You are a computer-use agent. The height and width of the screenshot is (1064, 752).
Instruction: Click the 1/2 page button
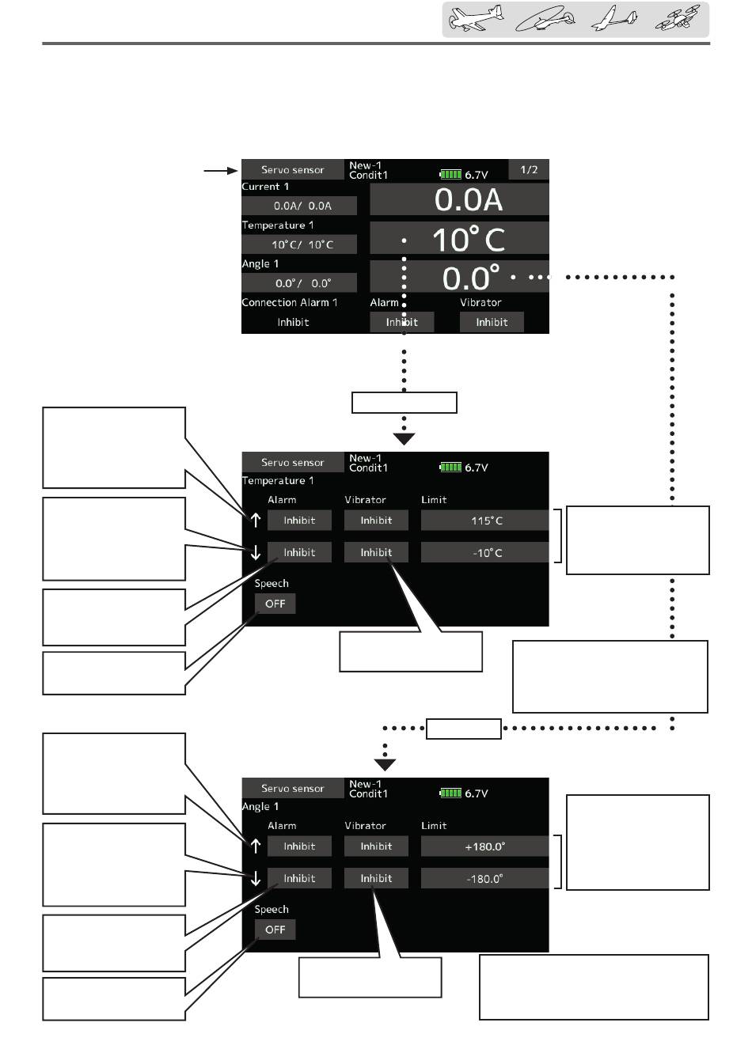pos(529,169)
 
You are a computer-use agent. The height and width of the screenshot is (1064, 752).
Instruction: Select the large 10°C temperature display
pos(467,239)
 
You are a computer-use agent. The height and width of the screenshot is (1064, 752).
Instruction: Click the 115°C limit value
pos(484,521)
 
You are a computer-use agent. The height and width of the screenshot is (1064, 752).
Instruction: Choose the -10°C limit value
pos(484,552)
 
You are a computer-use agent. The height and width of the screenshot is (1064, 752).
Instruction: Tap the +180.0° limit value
pos(484,846)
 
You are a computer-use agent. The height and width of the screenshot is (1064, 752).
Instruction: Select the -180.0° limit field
pos(484,878)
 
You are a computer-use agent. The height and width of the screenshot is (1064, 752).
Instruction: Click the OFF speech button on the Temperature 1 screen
pos(275,604)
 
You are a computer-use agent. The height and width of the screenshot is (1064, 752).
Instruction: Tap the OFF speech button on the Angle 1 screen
pos(275,930)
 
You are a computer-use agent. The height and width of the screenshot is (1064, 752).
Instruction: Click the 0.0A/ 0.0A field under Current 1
pos(299,206)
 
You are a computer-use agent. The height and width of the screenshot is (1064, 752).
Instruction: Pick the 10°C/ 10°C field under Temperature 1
pos(299,244)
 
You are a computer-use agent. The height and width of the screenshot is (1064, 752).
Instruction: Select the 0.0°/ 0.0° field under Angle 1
pos(299,283)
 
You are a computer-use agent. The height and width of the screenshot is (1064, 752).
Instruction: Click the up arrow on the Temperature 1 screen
pos(255,521)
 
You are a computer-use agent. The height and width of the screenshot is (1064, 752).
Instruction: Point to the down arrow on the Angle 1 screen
pos(255,879)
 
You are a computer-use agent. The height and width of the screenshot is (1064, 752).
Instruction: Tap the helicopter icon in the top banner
pos(542,20)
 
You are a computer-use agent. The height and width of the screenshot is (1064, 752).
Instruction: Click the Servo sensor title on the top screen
pos(293,170)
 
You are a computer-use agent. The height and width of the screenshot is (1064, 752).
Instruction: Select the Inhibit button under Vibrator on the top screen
pos(492,322)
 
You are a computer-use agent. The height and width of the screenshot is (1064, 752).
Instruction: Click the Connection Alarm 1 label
pos(290,303)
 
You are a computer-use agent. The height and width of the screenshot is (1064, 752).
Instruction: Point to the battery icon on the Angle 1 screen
pos(450,793)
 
